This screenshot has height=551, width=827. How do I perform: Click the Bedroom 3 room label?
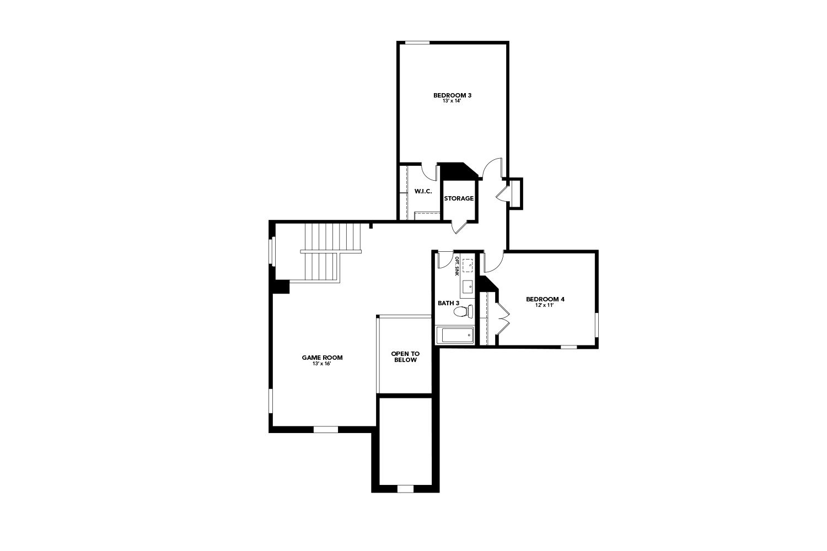tap(452, 95)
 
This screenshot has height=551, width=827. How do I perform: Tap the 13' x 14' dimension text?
tap(452, 101)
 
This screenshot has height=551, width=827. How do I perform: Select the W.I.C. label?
tap(423, 191)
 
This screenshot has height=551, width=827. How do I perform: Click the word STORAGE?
tap(459, 198)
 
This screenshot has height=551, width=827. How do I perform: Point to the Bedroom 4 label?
tap(545, 299)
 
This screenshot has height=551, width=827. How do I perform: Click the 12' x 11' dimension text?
tap(545, 305)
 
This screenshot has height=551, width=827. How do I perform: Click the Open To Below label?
tap(405, 356)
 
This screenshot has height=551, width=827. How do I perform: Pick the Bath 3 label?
tap(448, 303)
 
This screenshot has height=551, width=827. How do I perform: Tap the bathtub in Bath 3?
tap(455, 335)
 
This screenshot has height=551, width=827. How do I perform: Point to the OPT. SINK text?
tap(457, 266)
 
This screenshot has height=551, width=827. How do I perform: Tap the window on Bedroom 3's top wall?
tap(417, 42)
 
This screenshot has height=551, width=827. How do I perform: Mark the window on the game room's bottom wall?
tap(325, 429)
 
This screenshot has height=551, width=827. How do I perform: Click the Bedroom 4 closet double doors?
tap(502, 317)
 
